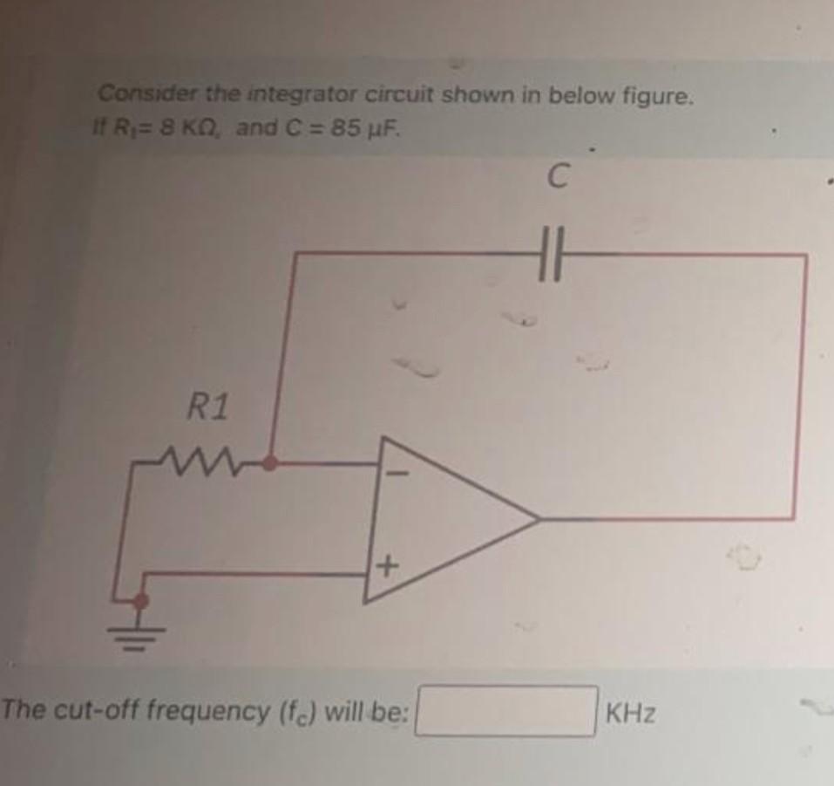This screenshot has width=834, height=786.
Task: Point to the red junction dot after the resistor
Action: click(x=272, y=462)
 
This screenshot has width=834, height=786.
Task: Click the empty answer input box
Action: click(x=506, y=712)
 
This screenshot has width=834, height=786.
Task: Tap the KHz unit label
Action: click(x=631, y=714)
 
